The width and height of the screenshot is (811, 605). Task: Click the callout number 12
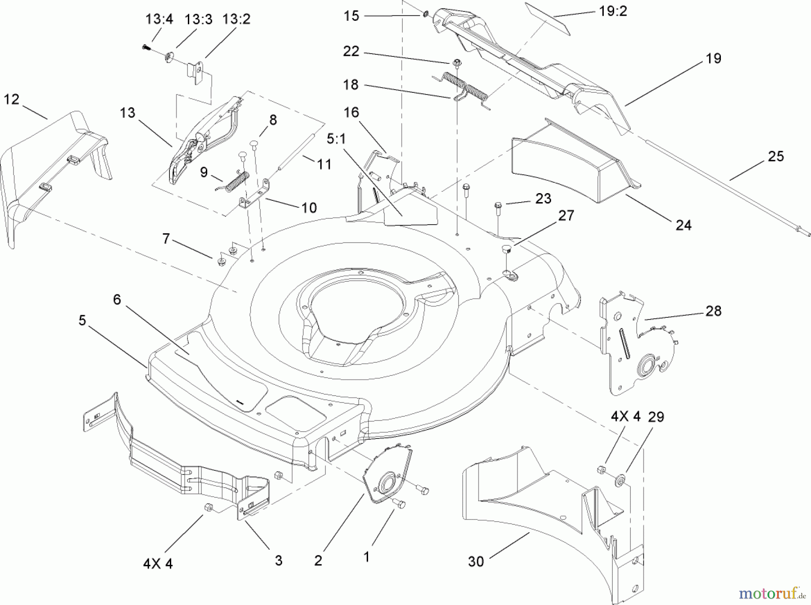pos(12,99)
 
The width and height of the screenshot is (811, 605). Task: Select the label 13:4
pos(159,20)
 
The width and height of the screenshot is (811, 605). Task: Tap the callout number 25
pos(775,157)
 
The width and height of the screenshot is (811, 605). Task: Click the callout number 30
pos(476,561)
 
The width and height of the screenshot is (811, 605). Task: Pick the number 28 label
pos(713,311)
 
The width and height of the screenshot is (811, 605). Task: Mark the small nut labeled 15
pos(425,16)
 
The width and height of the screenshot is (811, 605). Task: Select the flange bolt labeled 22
pos(456,63)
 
